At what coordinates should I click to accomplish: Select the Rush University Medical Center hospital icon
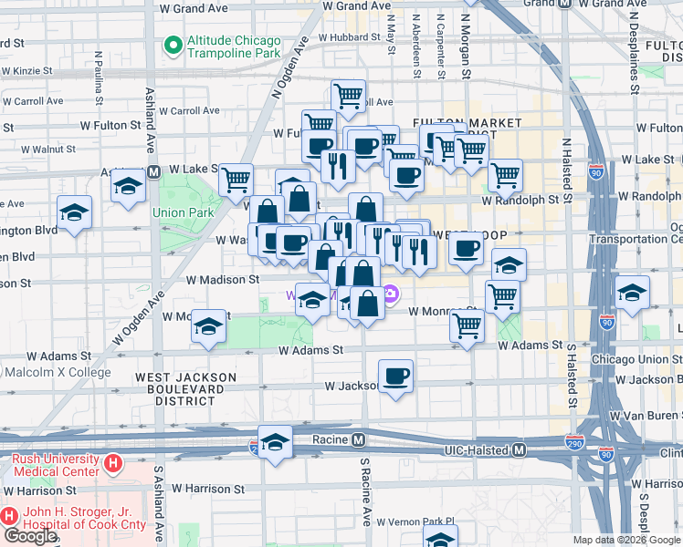(x=113, y=464)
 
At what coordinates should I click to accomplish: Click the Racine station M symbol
(x=359, y=439)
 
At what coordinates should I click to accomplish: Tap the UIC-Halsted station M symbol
(x=520, y=449)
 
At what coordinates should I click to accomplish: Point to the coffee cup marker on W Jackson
(x=395, y=376)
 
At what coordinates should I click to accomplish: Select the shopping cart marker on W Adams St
(x=468, y=325)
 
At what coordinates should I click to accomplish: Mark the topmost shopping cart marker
(x=348, y=95)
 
